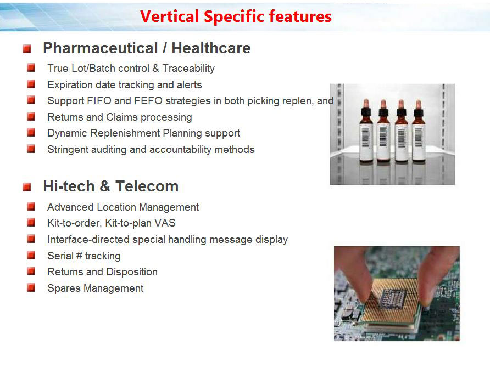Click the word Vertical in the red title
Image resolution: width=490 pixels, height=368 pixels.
169,16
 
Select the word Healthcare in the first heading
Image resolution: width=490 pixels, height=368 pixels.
211,48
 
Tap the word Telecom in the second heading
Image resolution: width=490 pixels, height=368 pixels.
147,186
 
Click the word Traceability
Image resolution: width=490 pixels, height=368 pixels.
188,69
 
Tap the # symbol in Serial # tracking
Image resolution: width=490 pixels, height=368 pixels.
79,256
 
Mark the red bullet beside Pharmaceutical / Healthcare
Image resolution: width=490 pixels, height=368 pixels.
26,49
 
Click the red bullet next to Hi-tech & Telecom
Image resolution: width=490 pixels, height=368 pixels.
26,187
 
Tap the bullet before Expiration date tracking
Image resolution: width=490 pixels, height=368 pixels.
31,84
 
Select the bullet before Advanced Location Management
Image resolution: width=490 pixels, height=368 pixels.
31,206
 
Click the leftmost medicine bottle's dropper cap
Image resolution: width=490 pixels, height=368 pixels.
366,107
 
